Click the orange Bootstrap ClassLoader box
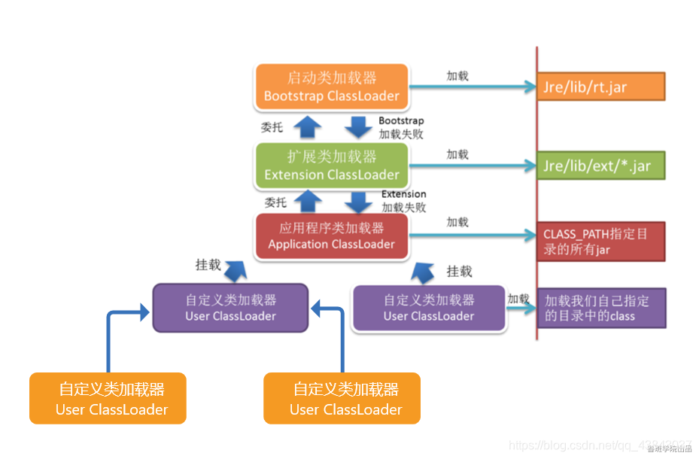click(331, 87)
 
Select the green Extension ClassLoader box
click(331, 166)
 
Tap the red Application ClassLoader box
click(331, 236)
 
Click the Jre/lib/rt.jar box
click(600, 87)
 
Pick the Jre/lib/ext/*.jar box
click(600, 166)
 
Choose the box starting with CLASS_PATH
click(600, 241)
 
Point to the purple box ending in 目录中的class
click(600, 308)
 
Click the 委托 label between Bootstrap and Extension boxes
click(272, 127)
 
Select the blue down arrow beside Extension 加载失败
click(360, 202)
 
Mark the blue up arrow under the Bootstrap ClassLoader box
click(306, 126)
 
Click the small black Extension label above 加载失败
click(403, 194)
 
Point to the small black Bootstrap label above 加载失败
click(401, 120)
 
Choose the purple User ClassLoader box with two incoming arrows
click(230, 308)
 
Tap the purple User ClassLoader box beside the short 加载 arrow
click(429, 308)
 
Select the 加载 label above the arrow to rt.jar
click(457, 75)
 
